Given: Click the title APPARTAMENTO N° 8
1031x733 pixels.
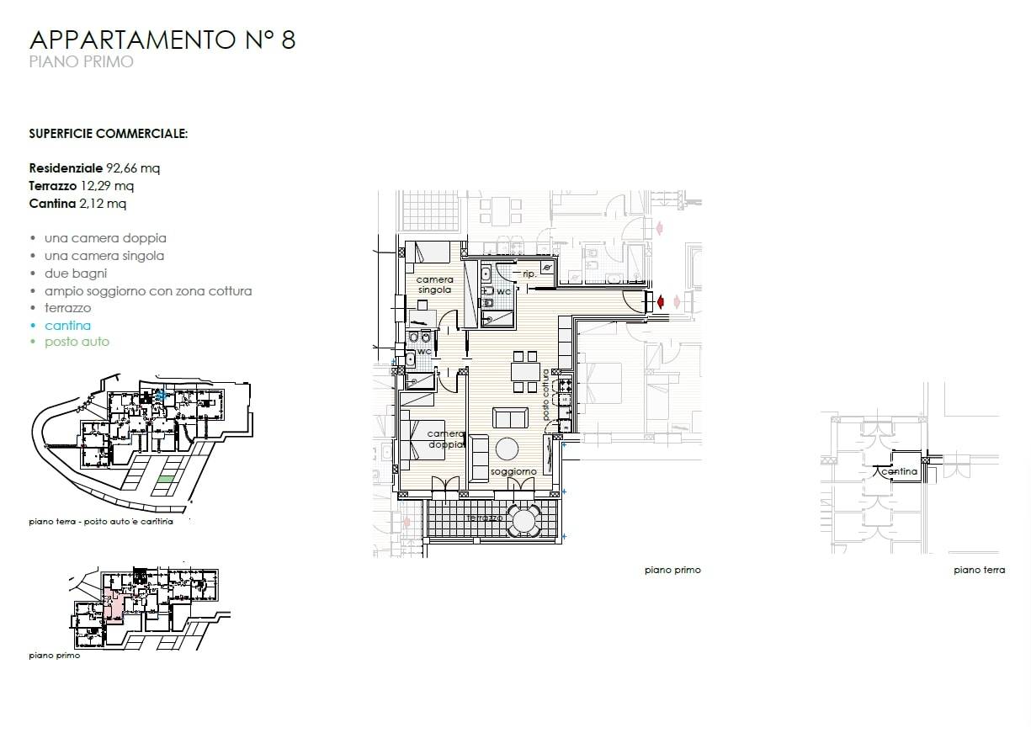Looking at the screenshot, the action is click(x=162, y=40).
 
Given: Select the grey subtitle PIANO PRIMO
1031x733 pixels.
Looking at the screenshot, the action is click(x=81, y=61).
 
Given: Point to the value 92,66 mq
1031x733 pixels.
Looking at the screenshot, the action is click(x=133, y=168).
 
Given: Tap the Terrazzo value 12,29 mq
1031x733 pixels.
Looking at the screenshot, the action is click(x=107, y=186).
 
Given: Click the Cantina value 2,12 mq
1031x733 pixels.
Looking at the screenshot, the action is click(x=103, y=204).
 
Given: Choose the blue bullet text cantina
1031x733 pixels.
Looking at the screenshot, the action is click(x=67, y=326).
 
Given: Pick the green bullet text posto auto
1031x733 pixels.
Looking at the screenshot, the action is click(x=77, y=342).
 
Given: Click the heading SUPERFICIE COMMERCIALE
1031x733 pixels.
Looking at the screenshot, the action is click(x=109, y=134).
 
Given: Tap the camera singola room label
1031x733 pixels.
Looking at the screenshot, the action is click(x=434, y=284).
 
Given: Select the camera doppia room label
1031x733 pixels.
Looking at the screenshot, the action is click(x=445, y=439).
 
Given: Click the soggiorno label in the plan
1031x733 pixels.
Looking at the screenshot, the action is click(x=513, y=471).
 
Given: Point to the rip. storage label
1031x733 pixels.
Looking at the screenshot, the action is click(x=529, y=274).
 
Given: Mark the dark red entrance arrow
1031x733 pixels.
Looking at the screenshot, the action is click(x=661, y=302).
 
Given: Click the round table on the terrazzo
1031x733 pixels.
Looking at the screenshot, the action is click(x=523, y=521).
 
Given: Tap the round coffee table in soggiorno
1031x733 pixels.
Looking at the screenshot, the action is click(x=508, y=449).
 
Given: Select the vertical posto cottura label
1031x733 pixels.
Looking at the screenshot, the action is click(x=546, y=395).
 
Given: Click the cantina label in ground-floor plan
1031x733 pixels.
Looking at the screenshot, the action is click(x=900, y=471).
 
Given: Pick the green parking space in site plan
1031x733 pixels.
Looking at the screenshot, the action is click(x=165, y=479).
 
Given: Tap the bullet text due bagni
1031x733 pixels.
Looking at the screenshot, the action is click(x=76, y=274).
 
